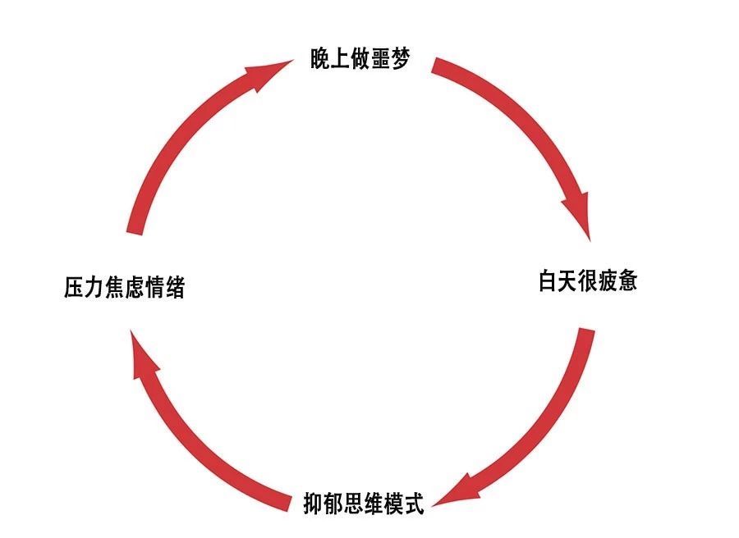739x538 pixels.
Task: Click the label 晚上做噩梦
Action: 360,60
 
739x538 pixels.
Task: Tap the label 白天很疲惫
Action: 588,282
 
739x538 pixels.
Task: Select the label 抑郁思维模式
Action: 363,503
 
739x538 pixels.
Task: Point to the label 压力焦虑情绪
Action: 125,289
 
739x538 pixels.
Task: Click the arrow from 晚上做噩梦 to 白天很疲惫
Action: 526,123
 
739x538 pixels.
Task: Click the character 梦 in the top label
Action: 399,60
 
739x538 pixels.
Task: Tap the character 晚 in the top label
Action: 320,60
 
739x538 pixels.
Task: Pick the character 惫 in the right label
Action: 627,282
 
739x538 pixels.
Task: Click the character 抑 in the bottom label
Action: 314,503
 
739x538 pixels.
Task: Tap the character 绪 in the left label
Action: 174,289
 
